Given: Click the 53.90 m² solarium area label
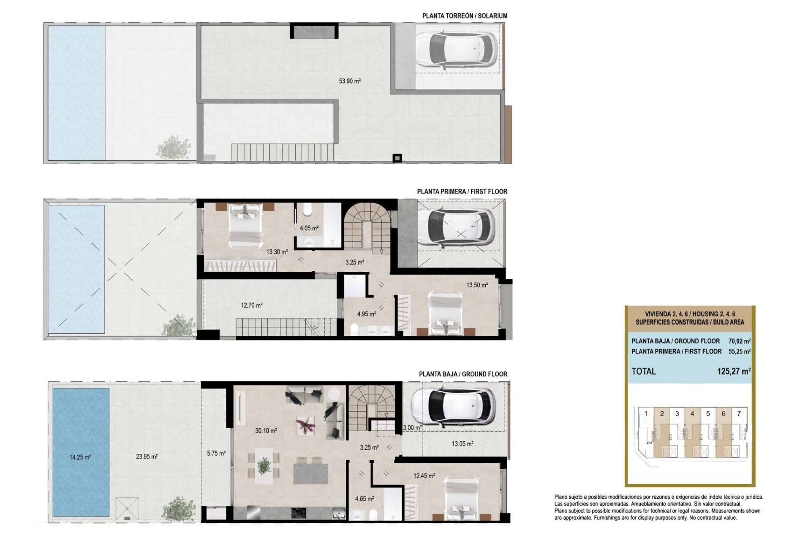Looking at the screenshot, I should pos(349,81).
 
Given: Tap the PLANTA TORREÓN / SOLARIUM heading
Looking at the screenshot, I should pos(465,16).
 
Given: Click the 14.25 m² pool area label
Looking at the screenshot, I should pos(80,457).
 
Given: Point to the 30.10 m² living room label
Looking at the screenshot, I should pos(266,431).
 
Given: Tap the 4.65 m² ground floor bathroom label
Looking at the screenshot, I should pos(364,499).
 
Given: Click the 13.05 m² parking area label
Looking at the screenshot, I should pos(462,444).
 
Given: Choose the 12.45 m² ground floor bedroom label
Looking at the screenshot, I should pos(424,476).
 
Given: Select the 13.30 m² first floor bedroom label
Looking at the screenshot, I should pos(277,252).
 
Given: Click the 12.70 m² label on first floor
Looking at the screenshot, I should pos(252,305).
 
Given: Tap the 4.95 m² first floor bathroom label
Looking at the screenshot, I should pos(366,314).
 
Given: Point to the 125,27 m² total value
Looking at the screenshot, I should pos(733,372).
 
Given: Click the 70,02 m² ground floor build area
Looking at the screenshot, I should pos(739,341).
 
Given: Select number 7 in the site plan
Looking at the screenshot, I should pos(739,414).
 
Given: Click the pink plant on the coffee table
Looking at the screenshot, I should pos(305,424).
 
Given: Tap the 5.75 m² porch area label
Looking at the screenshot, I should pos(216,453).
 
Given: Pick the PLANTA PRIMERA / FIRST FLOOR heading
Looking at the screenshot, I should pos(462,192).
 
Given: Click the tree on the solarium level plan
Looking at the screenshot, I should pos(174,147).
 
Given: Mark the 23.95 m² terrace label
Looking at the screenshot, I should pos(147,456).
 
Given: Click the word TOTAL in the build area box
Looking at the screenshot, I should pos(643,372).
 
